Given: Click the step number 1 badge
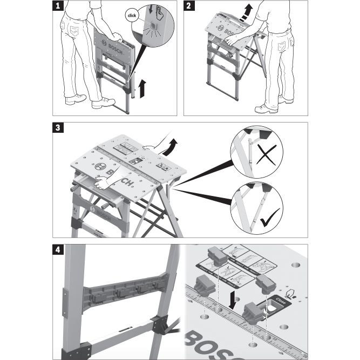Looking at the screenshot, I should coord(58,6).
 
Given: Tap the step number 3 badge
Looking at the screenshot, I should coord(58,128).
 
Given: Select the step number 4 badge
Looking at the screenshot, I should coord(58,250).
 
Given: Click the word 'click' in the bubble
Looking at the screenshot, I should coord(132,16).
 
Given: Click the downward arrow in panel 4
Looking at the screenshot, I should coord(232,300).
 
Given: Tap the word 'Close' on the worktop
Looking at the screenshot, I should coord(281,298).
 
